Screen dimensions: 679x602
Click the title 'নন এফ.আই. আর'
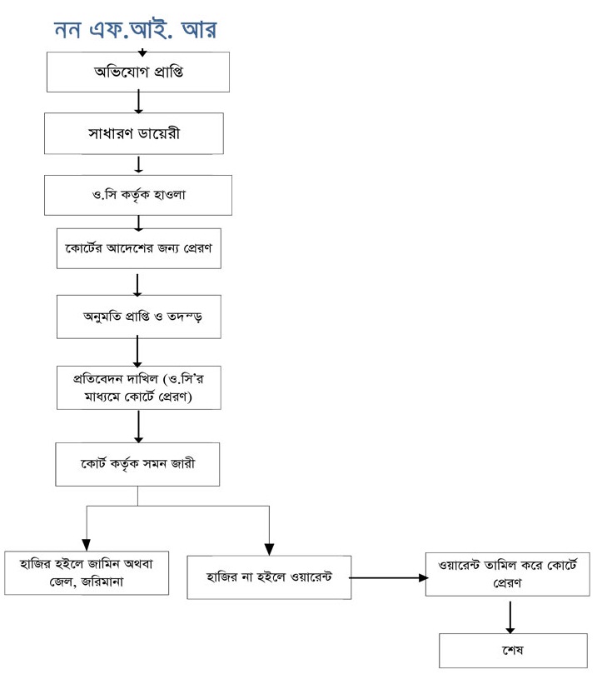pyautogui.click(x=136, y=28)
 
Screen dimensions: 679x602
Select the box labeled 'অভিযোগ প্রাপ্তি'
pyautogui.click(x=138, y=72)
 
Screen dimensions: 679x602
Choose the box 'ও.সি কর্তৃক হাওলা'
pyautogui.click(x=138, y=195)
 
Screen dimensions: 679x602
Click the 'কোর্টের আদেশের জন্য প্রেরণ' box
pyautogui.click(x=138, y=248)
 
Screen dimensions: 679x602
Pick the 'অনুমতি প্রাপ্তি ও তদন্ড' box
pyautogui.click(x=138, y=317)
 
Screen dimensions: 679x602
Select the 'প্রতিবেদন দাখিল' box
pyautogui.click(x=138, y=387)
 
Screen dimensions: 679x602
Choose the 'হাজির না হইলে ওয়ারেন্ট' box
pyautogui.click(x=268, y=577)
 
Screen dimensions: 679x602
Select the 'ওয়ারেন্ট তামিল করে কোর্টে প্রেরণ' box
pyautogui.click(x=507, y=574)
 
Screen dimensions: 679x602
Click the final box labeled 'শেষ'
pyautogui.click(x=507, y=651)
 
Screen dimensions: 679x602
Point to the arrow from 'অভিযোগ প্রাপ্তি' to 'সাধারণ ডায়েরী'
pyautogui.click(x=138, y=102)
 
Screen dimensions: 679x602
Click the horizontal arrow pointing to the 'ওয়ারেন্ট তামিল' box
pyautogui.click(x=386, y=577)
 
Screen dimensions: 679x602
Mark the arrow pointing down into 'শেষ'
pyautogui.click(x=508, y=616)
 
